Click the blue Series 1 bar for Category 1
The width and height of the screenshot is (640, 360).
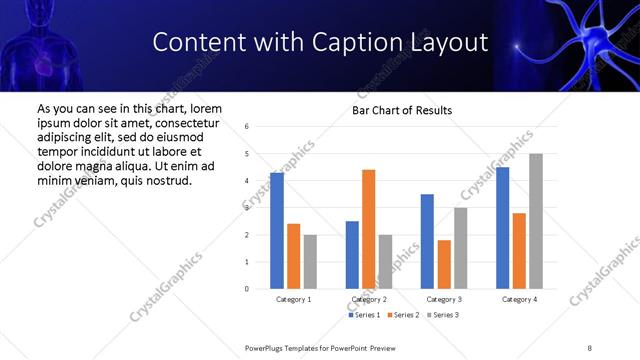pyautogui.click(x=277, y=231)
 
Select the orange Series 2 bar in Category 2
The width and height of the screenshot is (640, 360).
pyautogui.click(x=369, y=229)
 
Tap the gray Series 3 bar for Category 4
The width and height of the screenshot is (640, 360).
pyautogui.click(x=536, y=221)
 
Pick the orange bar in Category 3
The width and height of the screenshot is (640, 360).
pyautogui.click(x=444, y=264)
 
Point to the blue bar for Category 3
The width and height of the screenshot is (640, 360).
pyautogui.click(x=427, y=241)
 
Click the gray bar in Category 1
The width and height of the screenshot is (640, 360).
pyautogui.click(x=310, y=262)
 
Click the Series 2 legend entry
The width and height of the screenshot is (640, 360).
pyautogui.click(x=402, y=315)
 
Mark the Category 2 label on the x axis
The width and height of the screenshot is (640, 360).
pyautogui.click(x=369, y=299)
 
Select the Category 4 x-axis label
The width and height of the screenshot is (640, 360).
pyautogui.click(x=519, y=299)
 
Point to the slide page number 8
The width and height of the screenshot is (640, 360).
pyautogui.click(x=590, y=347)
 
